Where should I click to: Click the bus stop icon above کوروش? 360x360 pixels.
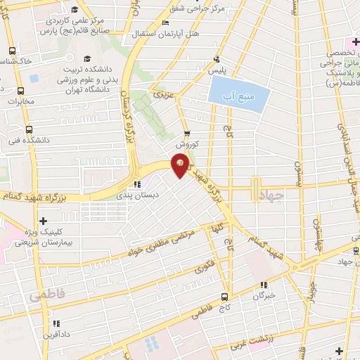click(186, 134)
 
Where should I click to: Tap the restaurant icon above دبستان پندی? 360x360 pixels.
click(137, 185)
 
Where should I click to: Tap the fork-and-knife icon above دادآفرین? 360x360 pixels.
click(54, 323)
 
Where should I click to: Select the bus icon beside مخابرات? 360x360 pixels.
click(20, 91)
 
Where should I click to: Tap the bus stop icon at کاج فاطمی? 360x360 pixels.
click(224, 296)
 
